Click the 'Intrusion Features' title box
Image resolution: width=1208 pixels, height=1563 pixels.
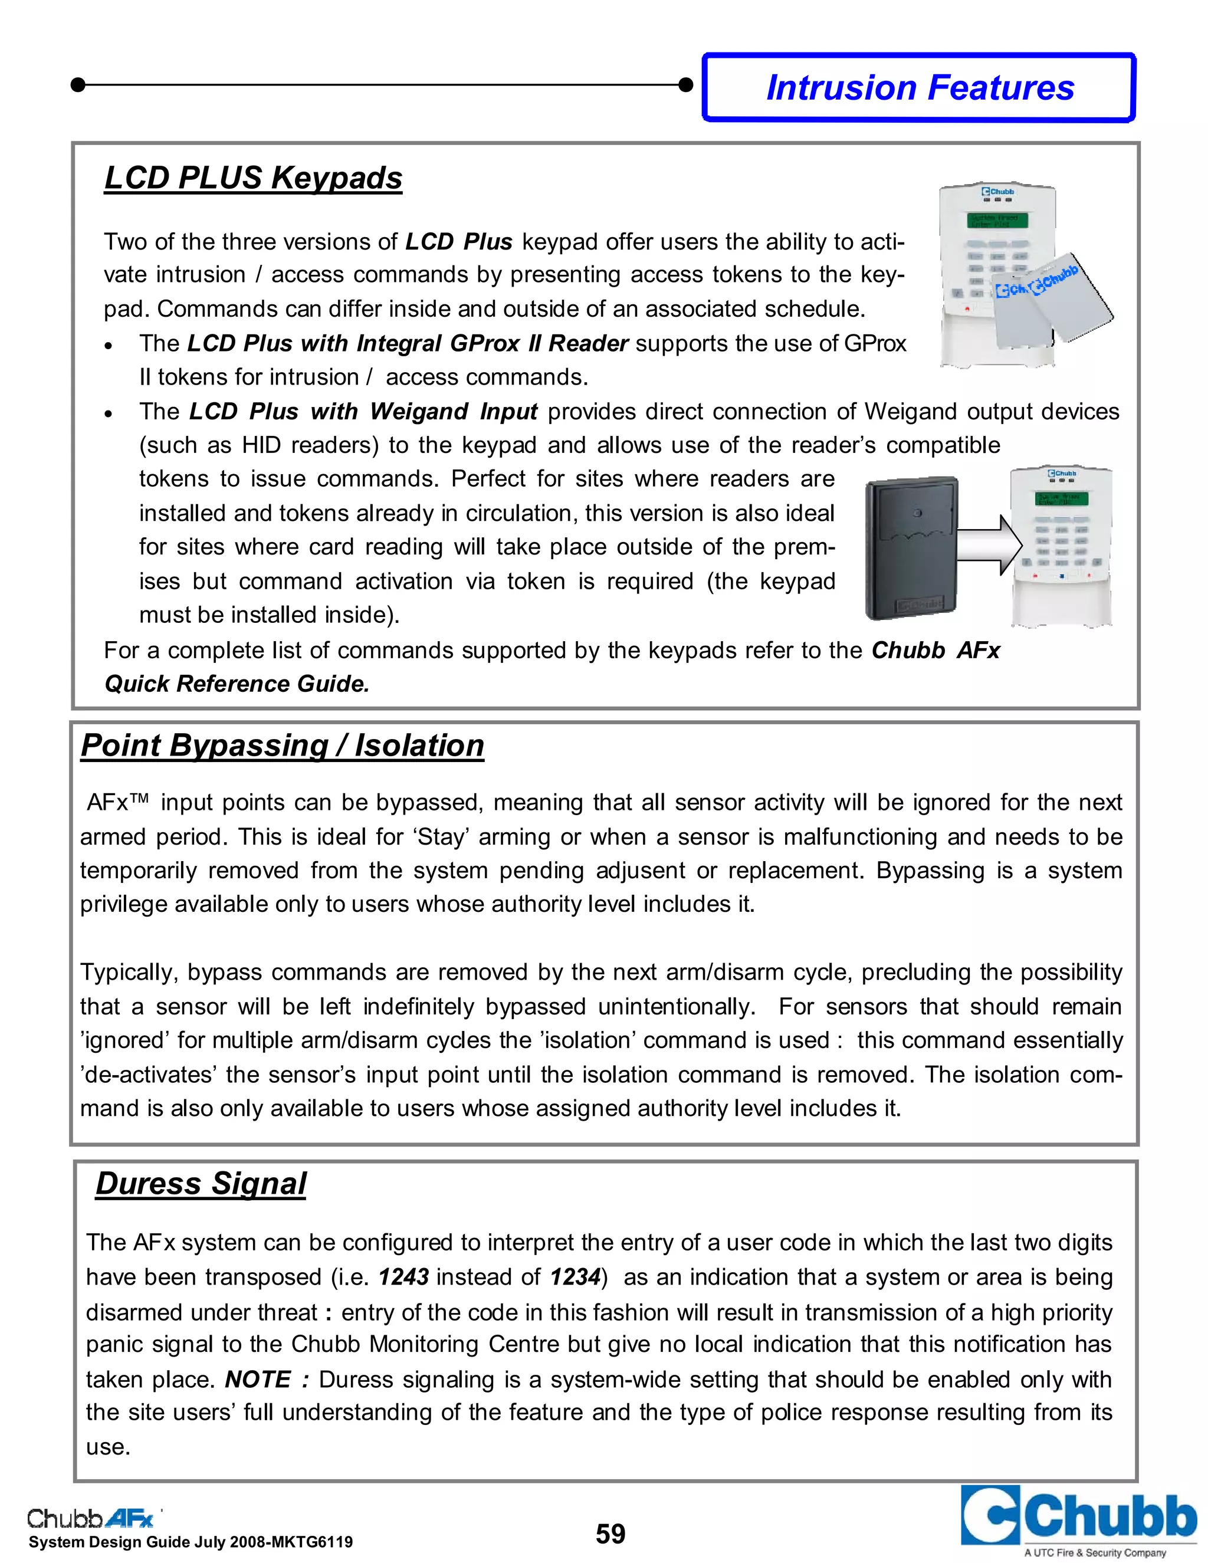coord(920,88)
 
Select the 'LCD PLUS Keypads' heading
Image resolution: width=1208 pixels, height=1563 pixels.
coord(253,178)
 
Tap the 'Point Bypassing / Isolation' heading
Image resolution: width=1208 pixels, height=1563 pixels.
coord(282,745)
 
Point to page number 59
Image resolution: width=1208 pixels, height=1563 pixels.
coord(610,1534)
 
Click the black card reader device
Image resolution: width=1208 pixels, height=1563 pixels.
coord(911,547)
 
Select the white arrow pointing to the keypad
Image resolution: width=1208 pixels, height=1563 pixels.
coord(989,546)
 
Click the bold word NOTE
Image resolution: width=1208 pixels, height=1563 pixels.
coord(258,1379)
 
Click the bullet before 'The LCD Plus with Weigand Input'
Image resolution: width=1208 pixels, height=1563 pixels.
coord(109,413)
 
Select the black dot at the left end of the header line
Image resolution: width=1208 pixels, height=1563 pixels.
coord(78,85)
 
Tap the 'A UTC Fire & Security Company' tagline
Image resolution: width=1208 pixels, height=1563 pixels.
coord(1095,1552)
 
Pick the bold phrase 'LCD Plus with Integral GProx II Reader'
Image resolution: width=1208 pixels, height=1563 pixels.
coord(407,343)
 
